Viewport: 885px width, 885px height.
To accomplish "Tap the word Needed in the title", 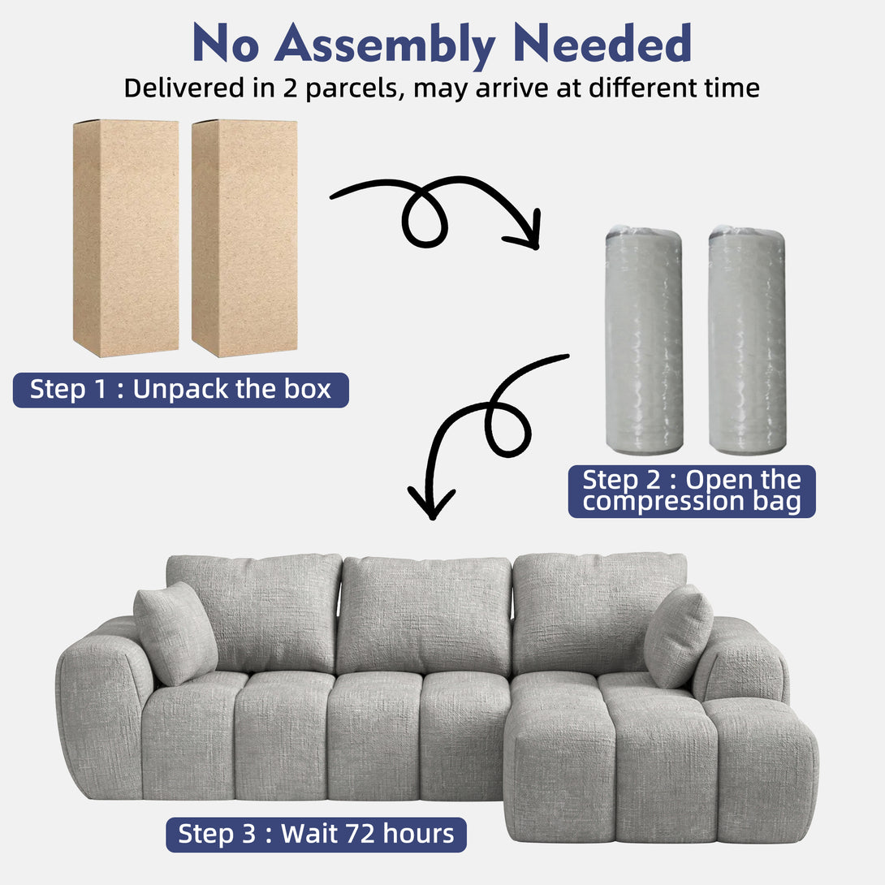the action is tap(602, 43).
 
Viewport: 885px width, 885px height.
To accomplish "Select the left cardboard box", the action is tap(126, 238).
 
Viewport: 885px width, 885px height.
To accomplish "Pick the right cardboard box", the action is tap(244, 238).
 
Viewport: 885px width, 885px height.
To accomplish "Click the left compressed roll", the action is tap(644, 339).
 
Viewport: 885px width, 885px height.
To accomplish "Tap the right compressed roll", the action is tap(747, 339).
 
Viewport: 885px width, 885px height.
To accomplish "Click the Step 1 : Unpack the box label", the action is tap(180, 390).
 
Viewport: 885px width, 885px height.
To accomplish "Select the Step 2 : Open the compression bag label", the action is tap(692, 491).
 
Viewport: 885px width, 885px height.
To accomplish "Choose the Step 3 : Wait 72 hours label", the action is tap(316, 835).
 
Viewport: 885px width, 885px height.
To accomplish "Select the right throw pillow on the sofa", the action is tap(678, 636).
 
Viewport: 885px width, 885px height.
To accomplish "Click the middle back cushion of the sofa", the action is tap(425, 615).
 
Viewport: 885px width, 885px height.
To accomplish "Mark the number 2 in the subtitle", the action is tap(290, 88).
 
